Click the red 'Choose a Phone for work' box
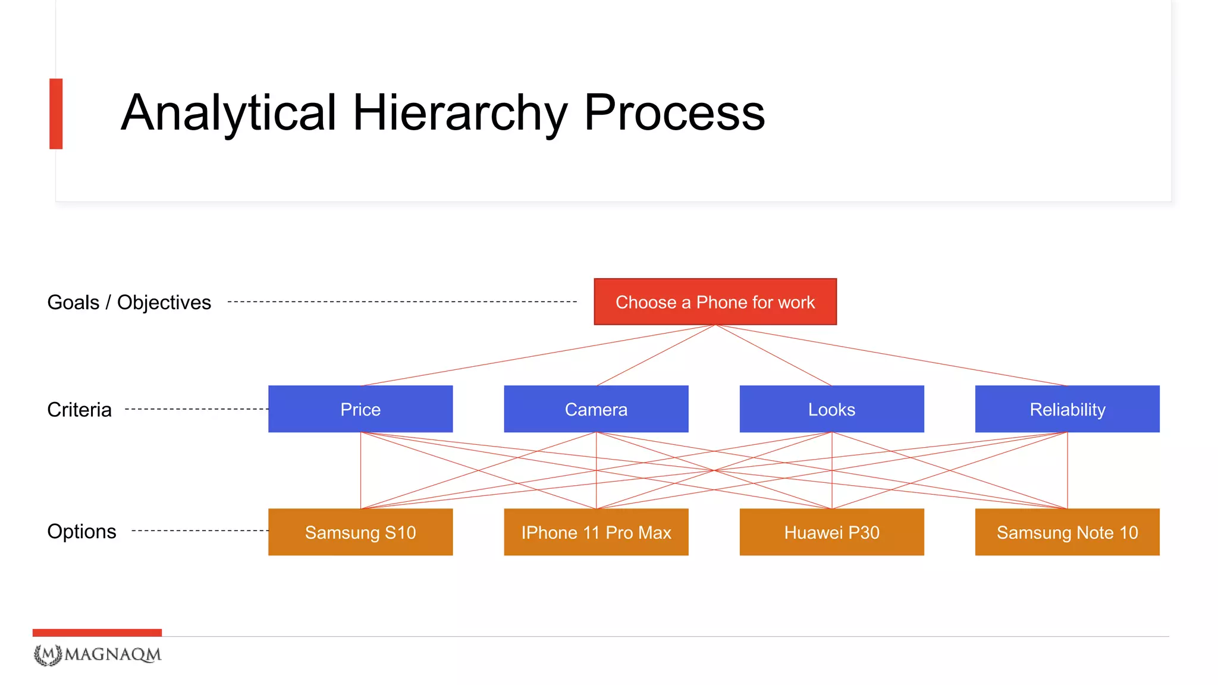[715, 301]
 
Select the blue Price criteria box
[360, 409]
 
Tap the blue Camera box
[596, 409]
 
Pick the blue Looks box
[831, 409]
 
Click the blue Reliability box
[1067, 409]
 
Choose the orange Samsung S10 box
[360, 532]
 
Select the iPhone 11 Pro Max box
[596, 532]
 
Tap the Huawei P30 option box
[831, 532]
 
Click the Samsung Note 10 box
[1067, 532]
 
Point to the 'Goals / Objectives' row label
[129, 302]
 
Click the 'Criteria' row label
[79, 410]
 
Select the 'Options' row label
[81, 531]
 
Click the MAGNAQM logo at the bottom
[98, 655]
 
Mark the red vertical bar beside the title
[56, 114]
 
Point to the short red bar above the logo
[97, 633]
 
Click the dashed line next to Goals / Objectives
[402, 302]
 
